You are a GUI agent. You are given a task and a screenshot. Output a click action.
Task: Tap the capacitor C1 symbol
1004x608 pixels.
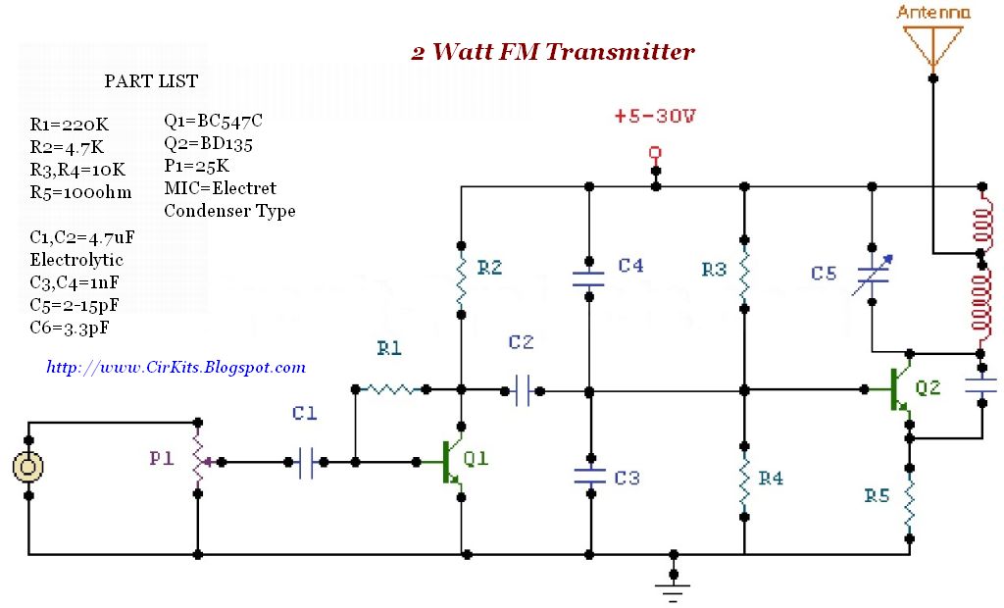coord(306,461)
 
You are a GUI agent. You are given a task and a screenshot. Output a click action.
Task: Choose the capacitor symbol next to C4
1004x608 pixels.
coord(589,274)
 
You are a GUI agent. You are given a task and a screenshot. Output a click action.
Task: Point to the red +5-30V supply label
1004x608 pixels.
coord(655,116)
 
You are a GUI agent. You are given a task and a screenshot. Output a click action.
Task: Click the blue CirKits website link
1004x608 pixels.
coord(176,368)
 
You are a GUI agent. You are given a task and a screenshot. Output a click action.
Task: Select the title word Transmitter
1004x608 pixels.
coord(619,52)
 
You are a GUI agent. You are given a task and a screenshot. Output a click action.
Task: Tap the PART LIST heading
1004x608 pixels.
coord(151,81)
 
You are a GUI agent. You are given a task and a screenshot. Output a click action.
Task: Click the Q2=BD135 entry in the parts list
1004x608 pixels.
coord(208,144)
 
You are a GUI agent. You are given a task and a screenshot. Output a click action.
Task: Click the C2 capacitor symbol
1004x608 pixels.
coord(522,391)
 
